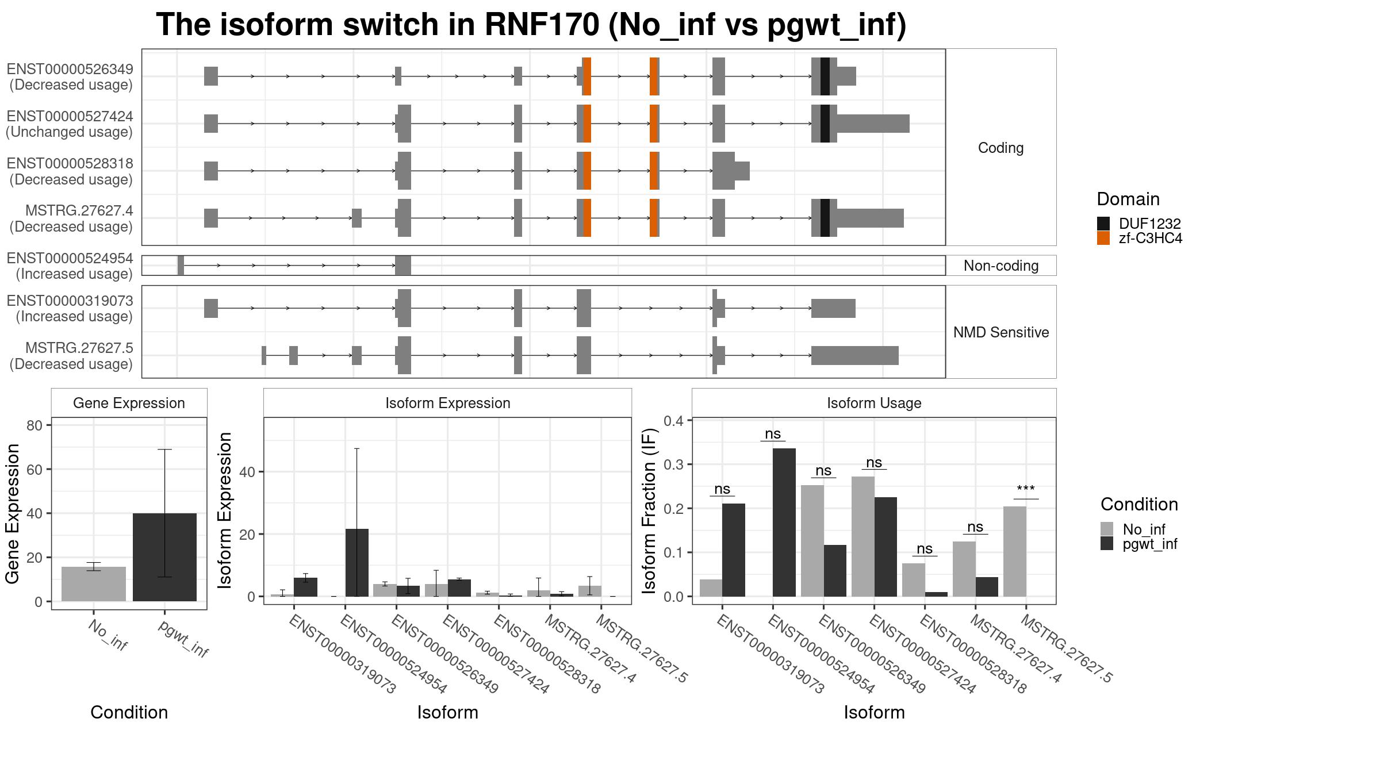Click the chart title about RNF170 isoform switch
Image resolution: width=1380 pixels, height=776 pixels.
(531, 25)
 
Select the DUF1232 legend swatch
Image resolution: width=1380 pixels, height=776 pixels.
(1103, 224)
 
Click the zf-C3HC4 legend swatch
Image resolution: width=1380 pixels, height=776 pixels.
(1103, 239)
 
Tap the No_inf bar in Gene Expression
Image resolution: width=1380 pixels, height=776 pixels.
(93, 584)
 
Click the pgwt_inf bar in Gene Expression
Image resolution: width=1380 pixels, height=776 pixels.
(164, 557)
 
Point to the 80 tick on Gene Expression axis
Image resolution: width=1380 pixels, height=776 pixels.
(34, 425)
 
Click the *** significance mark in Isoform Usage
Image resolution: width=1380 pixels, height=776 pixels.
(1025, 490)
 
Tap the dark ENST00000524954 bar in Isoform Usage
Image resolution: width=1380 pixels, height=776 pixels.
(784, 523)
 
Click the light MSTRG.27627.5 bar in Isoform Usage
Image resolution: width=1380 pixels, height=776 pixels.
(1014, 551)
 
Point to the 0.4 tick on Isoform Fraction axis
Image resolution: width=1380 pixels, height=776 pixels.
(674, 421)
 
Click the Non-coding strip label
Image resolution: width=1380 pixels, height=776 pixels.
(1000, 266)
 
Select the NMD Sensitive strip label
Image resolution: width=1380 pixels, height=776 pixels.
(1000, 332)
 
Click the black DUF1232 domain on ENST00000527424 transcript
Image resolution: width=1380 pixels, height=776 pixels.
(825, 124)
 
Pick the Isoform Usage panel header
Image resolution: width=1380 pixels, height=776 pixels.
(873, 403)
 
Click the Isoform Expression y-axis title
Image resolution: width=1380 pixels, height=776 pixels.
(225, 510)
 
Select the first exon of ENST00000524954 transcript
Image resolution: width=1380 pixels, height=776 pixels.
(181, 266)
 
